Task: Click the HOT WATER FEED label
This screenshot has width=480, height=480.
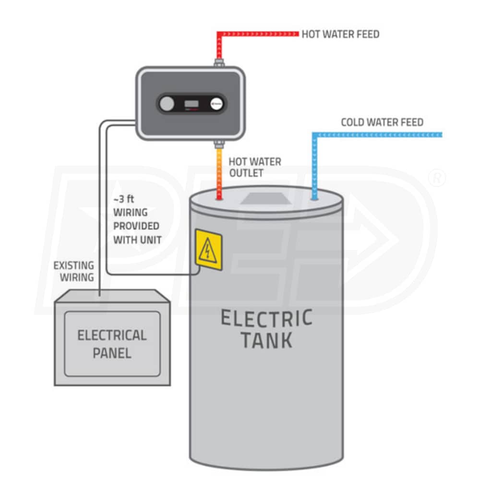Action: (x=340, y=34)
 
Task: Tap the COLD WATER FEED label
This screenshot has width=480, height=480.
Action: (x=382, y=122)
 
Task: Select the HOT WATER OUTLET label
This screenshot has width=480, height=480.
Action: (x=254, y=167)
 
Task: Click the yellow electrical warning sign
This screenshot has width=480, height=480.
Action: (x=208, y=249)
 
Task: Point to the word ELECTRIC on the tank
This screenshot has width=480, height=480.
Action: (x=266, y=318)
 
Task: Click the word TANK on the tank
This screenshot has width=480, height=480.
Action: (x=266, y=340)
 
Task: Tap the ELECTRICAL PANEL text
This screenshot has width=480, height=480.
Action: (x=112, y=344)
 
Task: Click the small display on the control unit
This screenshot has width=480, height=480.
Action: (x=192, y=104)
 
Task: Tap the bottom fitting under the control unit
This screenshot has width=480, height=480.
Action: (x=219, y=142)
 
